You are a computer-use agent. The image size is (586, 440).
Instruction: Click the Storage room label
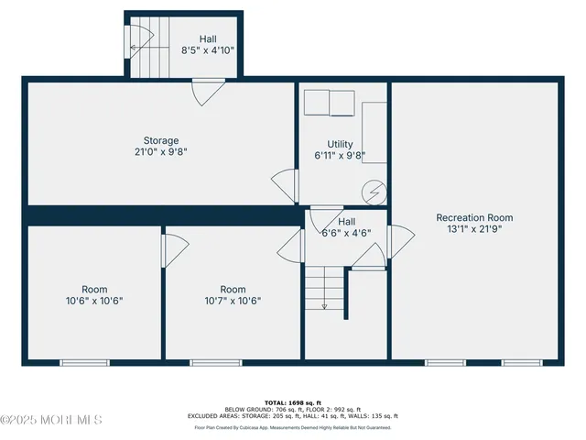pos(160,140)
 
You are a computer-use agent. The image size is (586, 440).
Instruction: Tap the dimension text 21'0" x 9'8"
pos(160,152)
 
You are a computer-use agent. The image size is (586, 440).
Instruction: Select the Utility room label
pos(340,144)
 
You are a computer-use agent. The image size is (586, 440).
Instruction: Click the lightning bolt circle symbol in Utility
pos(374,192)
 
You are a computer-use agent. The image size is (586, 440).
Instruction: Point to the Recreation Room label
pos(474,217)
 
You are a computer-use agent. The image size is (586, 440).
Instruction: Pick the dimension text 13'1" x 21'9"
pos(474,229)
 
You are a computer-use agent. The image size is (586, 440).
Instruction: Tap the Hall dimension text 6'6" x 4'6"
pos(346,234)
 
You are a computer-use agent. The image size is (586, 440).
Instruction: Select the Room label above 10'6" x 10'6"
pos(94,289)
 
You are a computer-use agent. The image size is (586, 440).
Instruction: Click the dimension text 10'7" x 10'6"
pos(233,301)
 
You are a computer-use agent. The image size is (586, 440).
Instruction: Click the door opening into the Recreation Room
pos(398,242)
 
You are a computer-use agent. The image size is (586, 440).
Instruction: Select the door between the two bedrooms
pos(173,246)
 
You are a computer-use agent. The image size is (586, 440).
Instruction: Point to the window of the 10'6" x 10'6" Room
pos(84,363)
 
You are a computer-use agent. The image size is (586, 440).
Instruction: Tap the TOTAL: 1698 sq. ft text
pos(292,401)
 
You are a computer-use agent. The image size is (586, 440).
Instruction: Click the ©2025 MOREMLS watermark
pos(52,420)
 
